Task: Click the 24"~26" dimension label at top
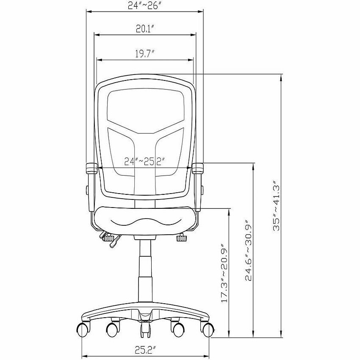(x=143, y=6)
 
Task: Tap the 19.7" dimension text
(x=144, y=54)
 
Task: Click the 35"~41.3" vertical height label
(x=276, y=205)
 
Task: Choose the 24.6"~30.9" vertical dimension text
(x=249, y=251)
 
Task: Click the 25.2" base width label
(x=145, y=350)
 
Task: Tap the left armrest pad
(x=91, y=168)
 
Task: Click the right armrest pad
(x=198, y=168)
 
